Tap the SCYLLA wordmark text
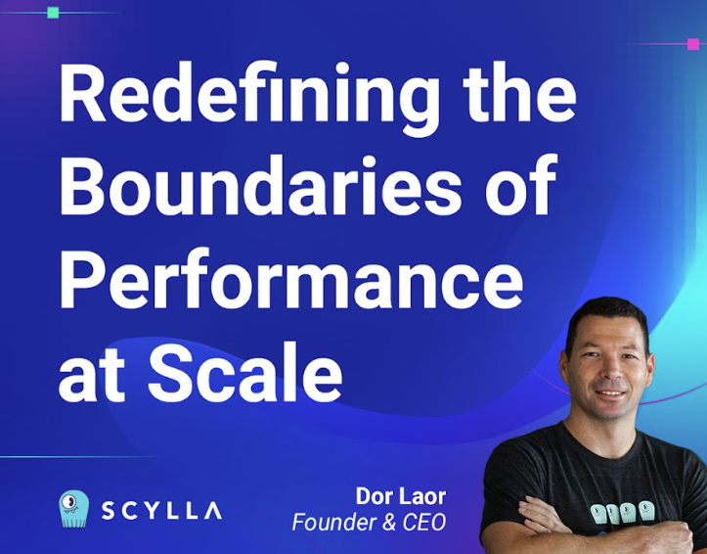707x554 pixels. (162, 510)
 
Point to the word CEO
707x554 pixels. (425, 522)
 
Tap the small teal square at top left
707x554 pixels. (53, 13)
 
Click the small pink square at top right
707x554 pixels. (692, 44)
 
